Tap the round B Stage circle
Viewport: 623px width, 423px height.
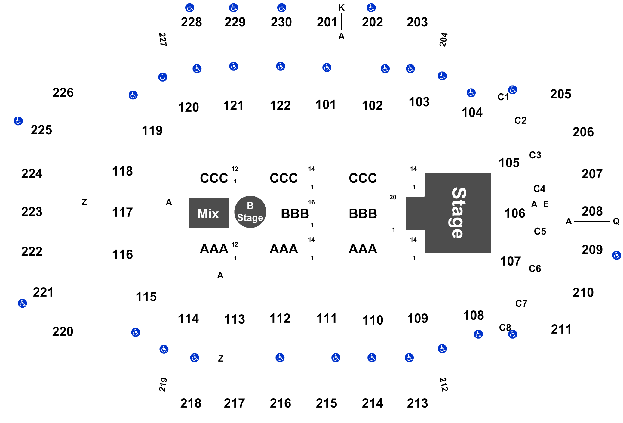[x=250, y=212]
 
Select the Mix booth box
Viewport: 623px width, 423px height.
[x=209, y=213]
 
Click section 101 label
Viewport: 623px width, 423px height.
[x=326, y=105]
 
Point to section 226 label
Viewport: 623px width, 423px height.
[x=63, y=93]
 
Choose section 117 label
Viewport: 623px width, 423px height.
[x=122, y=213]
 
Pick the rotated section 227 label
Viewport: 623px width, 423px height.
[x=163, y=39]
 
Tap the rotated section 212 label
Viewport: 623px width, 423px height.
[x=444, y=384]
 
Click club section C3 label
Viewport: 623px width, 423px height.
[x=535, y=155]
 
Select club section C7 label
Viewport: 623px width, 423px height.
[x=521, y=303]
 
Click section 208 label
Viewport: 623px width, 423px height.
[x=592, y=211]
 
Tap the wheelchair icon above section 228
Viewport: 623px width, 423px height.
[x=190, y=8]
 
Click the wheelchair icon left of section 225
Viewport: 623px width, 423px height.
[x=18, y=121]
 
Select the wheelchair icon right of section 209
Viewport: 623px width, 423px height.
[x=617, y=255]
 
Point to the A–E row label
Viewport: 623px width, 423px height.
[x=540, y=204]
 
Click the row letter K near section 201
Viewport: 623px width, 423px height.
[x=342, y=8]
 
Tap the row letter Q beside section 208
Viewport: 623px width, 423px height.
[x=616, y=222]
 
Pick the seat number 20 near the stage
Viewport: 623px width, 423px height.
[x=393, y=197]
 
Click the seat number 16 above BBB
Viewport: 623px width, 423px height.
[x=311, y=202]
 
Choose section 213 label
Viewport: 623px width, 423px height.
[x=417, y=403]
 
